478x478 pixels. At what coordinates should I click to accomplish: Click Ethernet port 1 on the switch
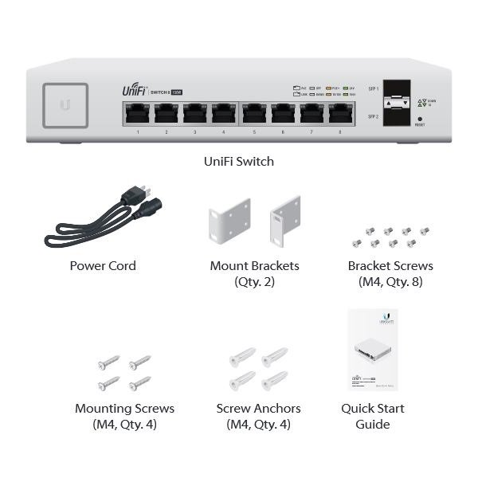coord(138,114)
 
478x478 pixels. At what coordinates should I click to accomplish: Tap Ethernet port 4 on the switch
coord(224,114)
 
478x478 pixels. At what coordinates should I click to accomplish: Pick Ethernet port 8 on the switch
coord(341,114)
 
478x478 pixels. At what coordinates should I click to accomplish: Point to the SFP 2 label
coord(371,117)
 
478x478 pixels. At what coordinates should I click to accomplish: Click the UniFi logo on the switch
coord(134,90)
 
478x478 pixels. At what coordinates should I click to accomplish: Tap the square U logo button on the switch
coord(65,103)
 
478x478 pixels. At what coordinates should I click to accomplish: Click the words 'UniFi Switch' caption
coord(239,161)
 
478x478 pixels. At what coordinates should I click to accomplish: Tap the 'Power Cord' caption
coord(103,266)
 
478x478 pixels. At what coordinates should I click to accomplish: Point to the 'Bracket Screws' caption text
coord(390,266)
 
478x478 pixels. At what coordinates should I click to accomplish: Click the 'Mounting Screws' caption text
coord(124,409)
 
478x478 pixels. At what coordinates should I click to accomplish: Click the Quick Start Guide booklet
coord(374,351)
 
